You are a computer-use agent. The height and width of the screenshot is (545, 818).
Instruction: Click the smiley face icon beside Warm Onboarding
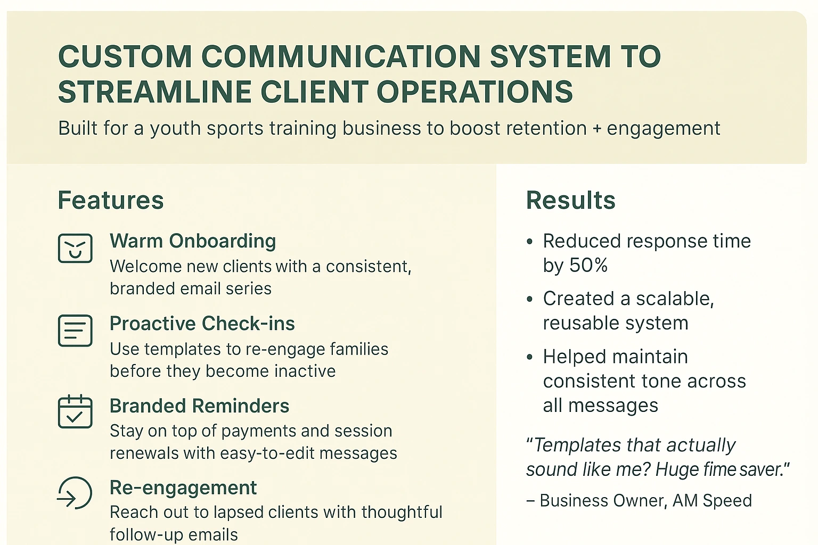coord(75,248)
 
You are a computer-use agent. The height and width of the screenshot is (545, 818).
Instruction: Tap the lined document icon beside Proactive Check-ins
coord(75,331)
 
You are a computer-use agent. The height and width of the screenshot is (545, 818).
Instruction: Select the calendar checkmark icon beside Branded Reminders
coord(75,412)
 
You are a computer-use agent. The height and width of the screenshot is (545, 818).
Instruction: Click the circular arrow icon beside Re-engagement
coord(75,493)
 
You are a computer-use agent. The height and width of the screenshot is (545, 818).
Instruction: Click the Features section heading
coord(111,201)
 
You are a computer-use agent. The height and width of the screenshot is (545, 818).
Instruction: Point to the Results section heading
coord(570,201)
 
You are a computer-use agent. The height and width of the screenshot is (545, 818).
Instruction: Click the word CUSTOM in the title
coord(125,56)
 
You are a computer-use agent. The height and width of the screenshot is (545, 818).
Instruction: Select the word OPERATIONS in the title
coord(475,92)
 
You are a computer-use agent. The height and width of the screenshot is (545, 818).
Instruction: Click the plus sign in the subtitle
coord(596,129)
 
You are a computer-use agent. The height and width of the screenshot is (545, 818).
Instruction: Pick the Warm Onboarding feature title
coord(193,241)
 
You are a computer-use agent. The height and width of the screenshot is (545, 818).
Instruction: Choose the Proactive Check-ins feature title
coord(202,324)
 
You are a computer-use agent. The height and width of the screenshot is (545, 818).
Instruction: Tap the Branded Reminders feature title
coord(199,406)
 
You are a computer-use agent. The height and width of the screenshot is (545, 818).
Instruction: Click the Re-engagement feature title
coord(183,488)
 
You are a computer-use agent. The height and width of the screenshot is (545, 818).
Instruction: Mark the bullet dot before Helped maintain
coord(529,357)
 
